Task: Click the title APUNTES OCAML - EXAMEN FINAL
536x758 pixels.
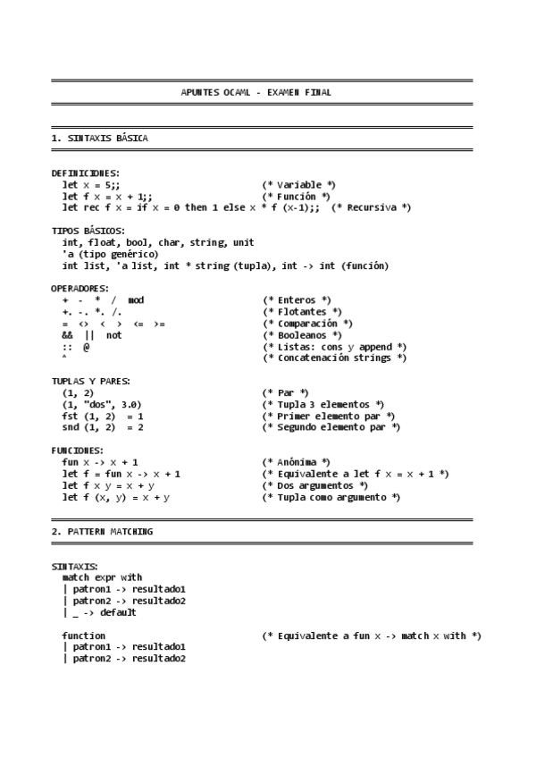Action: tap(256, 92)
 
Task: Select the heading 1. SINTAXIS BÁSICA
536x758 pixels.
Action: tap(100, 139)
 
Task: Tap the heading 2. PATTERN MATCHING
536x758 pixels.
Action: tap(102, 532)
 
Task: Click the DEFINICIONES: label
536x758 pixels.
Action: tap(86, 173)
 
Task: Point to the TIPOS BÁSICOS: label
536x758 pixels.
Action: tap(88, 231)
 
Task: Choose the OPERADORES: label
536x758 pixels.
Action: tap(80, 289)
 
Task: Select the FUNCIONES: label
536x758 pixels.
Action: tap(78, 451)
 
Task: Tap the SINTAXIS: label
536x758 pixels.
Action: tap(75, 566)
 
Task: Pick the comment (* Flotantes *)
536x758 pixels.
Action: tap(302, 312)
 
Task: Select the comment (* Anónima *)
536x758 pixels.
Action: tap(296, 462)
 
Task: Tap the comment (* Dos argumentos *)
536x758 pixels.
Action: tap(310, 485)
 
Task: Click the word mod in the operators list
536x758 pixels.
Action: tap(136, 300)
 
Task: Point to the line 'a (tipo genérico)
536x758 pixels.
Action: tap(110, 254)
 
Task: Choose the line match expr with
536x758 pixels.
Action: tap(102, 577)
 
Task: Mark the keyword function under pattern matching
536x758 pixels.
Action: tap(84, 636)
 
